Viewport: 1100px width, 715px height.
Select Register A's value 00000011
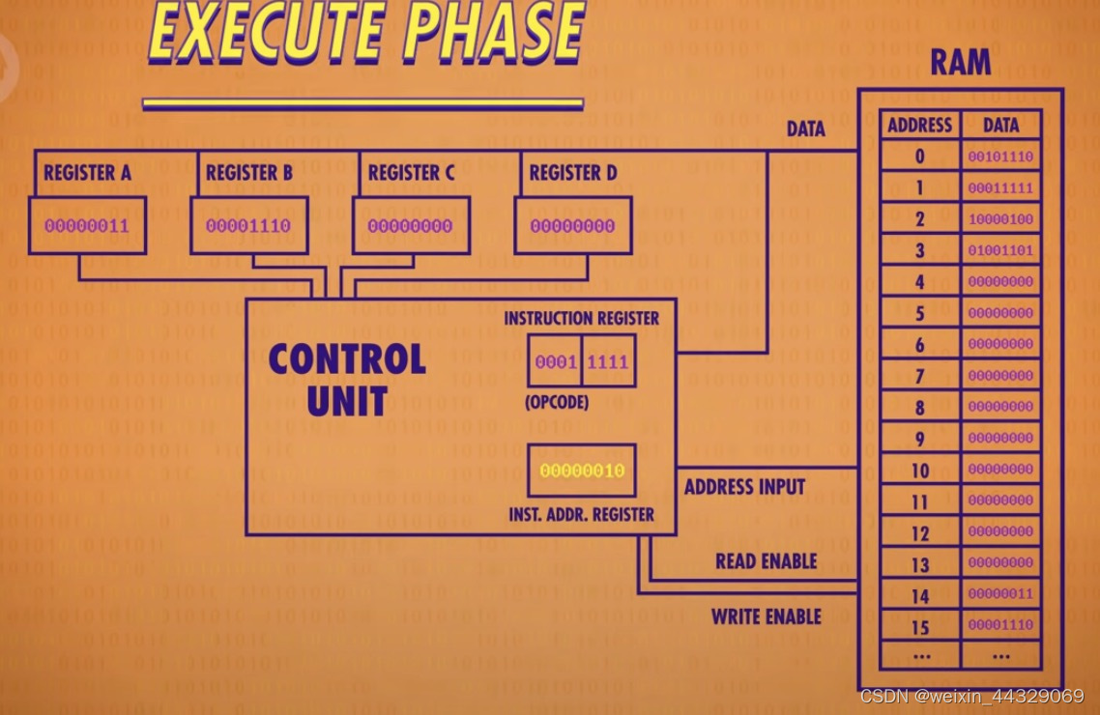tap(86, 226)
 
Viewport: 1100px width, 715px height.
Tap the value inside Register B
tap(248, 226)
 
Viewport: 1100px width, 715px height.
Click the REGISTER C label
tap(411, 174)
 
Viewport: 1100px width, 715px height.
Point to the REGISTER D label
tap(573, 174)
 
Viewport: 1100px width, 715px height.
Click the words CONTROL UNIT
tap(346, 379)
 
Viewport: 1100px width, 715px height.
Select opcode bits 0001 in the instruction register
tap(556, 363)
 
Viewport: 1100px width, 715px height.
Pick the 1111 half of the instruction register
tap(607, 363)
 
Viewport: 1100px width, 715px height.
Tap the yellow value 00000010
tap(582, 471)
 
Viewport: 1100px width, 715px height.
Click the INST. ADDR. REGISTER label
tap(581, 515)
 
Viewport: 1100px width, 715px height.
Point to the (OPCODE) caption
tap(556, 402)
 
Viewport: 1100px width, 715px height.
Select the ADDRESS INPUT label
tap(744, 487)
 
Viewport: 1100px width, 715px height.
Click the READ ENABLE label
tap(766, 561)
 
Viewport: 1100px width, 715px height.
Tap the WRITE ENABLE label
tap(766, 616)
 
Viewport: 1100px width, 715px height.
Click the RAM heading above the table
tap(960, 64)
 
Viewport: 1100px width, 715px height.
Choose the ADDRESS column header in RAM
tap(919, 125)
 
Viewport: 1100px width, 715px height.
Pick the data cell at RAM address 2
tap(1000, 219)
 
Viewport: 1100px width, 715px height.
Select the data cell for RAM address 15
tap(1000, 625)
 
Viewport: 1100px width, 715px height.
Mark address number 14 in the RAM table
tap(919, 596)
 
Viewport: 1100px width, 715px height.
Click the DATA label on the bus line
tap(805, 129)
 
